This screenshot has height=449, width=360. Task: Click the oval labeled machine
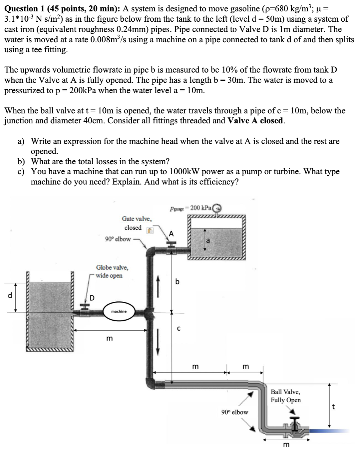point(118,311)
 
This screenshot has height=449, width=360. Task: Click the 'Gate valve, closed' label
point(136,223)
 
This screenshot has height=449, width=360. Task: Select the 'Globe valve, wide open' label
point(112,271)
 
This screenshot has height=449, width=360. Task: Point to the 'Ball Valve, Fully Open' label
point(285,396)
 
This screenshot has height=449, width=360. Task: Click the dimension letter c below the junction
point(179,329)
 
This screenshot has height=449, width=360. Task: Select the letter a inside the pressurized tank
point(208,241)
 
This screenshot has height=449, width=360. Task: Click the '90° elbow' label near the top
point(118,239)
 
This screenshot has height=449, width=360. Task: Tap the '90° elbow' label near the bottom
point(234,412)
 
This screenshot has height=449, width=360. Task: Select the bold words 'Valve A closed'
point(255,121)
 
